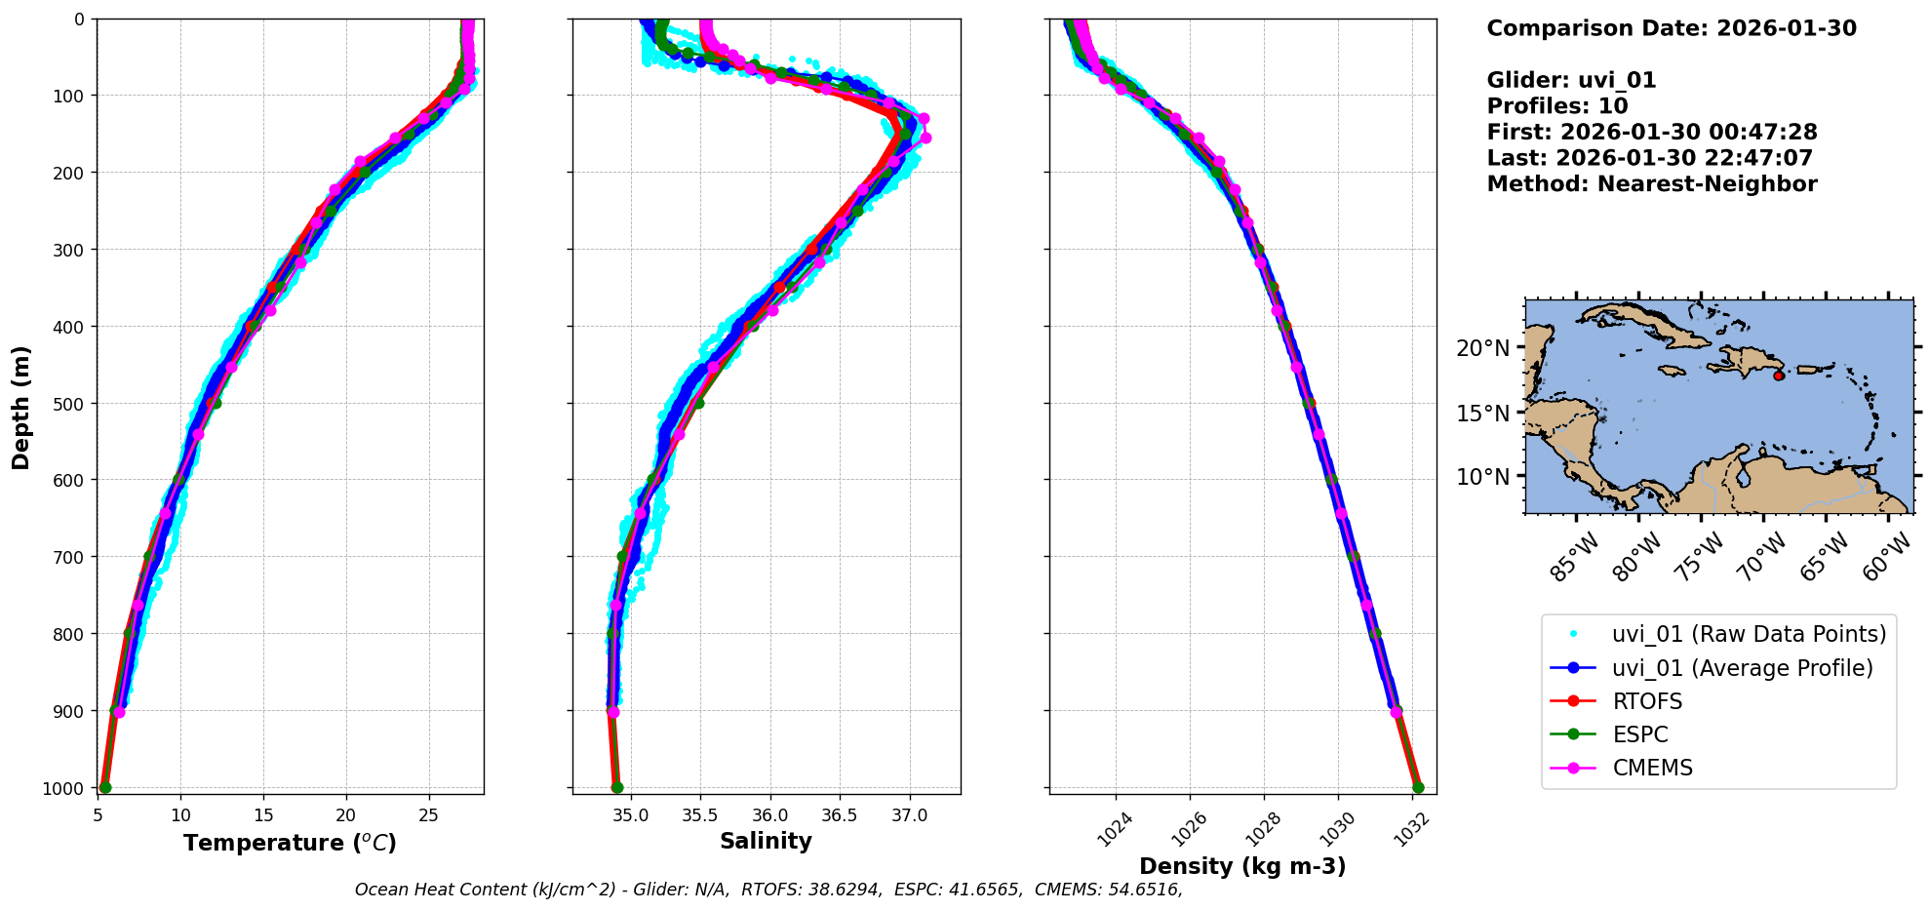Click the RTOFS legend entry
coord(1647,701)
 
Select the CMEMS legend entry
coord(1652,768)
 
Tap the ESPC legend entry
coord(1640,734)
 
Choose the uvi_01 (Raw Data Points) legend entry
coord(1749,634)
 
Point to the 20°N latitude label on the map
coord(1482,348)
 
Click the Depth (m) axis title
coord(21,408)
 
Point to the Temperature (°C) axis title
coord(290,843)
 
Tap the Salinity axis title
coord(766,841)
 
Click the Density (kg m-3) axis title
coord(1242,866)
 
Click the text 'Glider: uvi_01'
coord(1571,80)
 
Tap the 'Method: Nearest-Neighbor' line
coord(1652,183)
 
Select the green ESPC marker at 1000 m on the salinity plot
coord(617,787)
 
